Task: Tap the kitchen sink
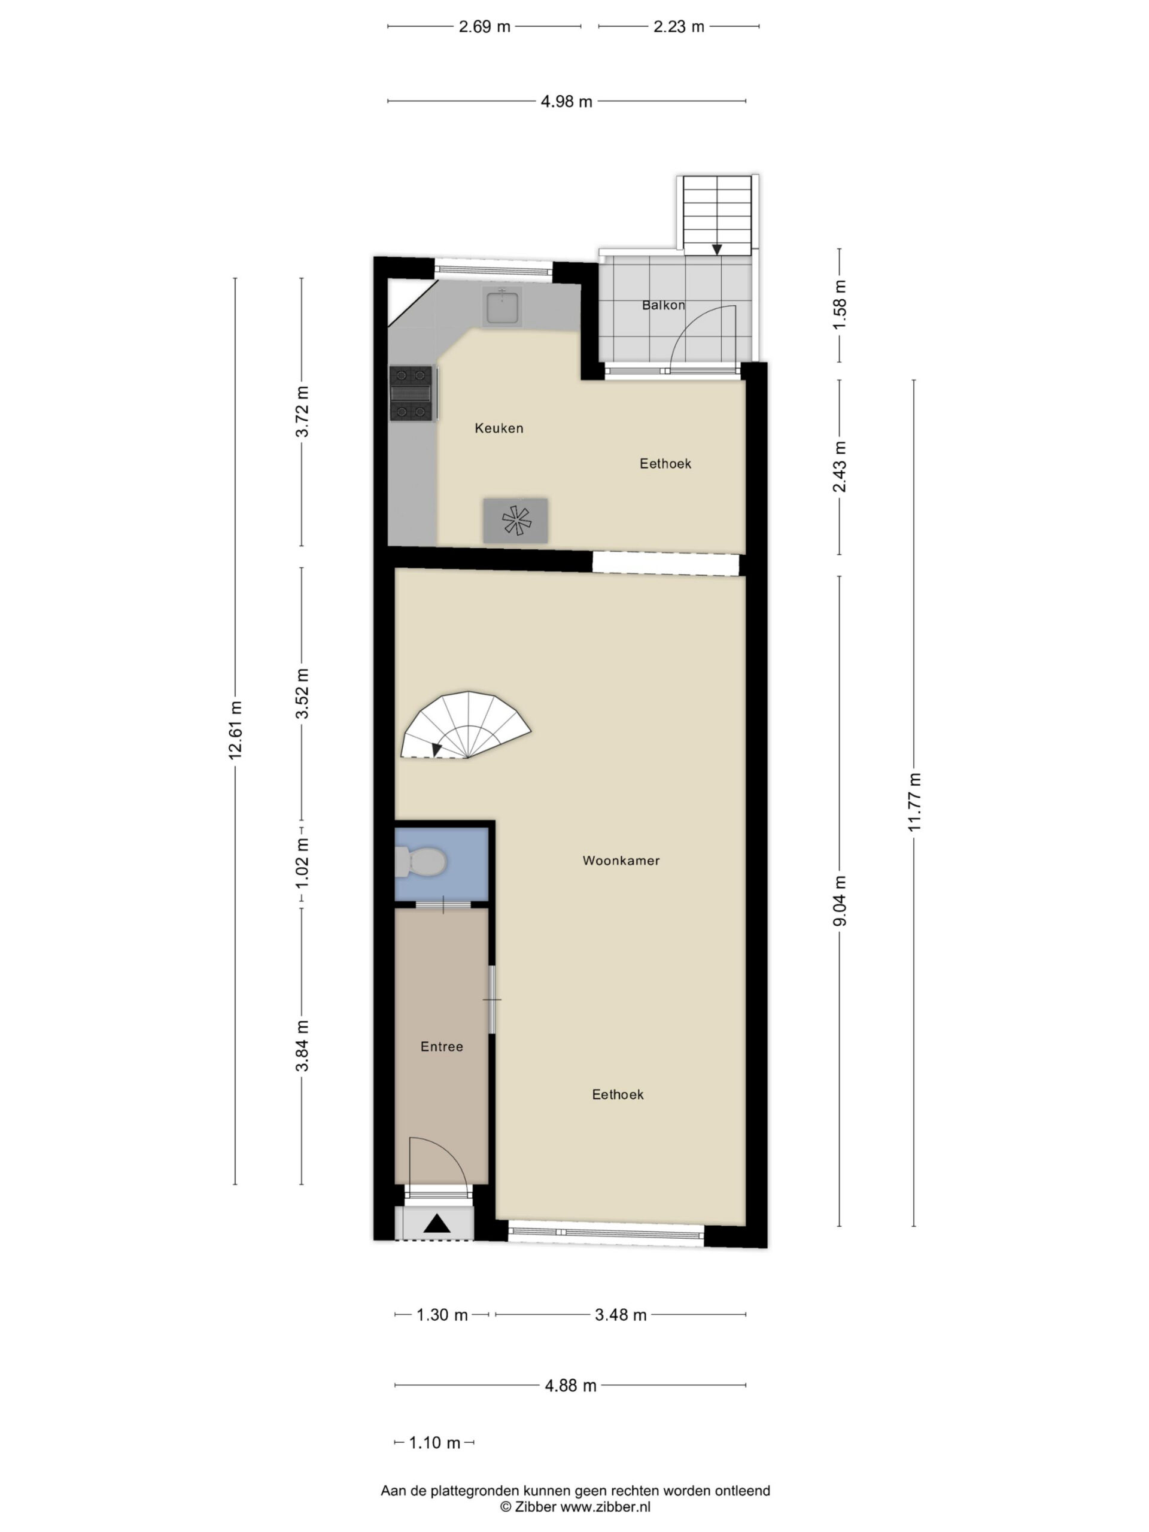(x=503, y=307)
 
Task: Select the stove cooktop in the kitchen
(x=411, y=393)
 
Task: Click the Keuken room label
(x=498, y=428)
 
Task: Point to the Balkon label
(x=664, y=305)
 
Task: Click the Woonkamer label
(x=621, y=860)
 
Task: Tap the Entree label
(x=441, y=1047)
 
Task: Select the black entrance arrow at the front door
(x=436, y=1224)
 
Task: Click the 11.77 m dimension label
(x=914, y=801)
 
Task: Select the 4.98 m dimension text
(x=567, y=102)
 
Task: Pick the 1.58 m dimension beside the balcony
(x=840, y=305)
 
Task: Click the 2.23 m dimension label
(x=679, y=26)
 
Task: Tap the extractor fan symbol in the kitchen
(x=515, y=520)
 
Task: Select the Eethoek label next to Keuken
(x=665, y=463)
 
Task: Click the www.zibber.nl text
(x=604, y=1507)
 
